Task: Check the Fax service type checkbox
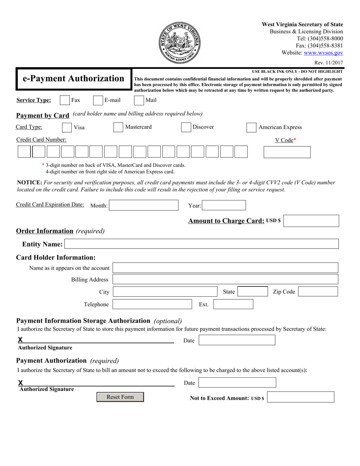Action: tap(65, 100)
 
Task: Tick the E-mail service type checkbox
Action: tap(98, 100)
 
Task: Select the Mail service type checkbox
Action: tap(139, 100)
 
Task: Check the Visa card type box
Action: tap(67, 127)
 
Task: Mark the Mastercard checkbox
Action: tap(118, 127)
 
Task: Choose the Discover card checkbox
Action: tap(186, 127)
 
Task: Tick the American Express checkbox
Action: tap(251, 128)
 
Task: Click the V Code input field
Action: tap(287, 152)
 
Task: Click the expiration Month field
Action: tap(144, 205)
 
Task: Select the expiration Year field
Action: tap(224, 205)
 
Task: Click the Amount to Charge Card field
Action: tap(311, 221)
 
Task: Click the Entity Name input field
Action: tap(201, 244)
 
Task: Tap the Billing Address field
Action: tap(225, 280)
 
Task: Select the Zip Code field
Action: tap(318, 291)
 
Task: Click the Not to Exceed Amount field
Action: tap(301, 397)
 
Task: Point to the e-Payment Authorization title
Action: tap(74, 79)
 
